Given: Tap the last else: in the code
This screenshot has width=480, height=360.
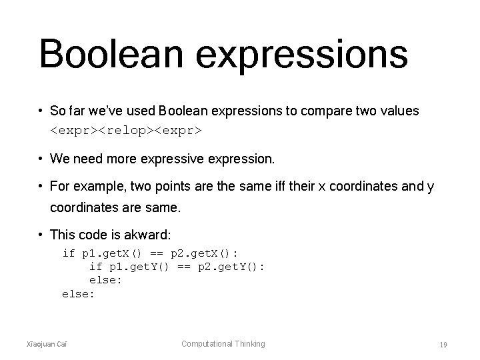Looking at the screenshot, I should (x=79, y=293).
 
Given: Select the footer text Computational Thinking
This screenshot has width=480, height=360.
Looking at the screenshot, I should (x=223, y=344).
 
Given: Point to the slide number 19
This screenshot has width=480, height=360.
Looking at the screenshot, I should (x=443, y=345).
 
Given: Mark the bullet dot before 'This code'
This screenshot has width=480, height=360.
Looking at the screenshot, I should (x=42, y=235).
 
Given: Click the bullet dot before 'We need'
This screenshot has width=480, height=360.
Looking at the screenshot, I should (x=42, y=159).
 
